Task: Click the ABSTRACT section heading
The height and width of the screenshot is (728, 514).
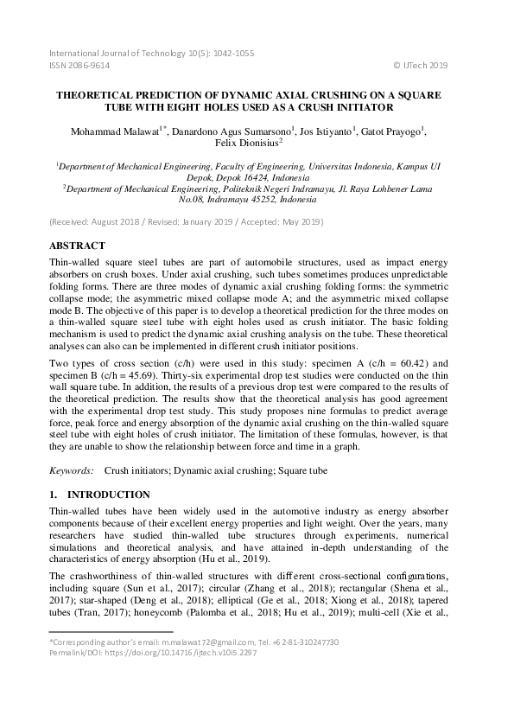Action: click(x=78, y=246)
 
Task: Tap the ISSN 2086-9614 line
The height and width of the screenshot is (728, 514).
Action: click(x=81, y=65)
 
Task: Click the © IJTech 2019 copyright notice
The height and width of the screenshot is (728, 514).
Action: click(x=421, y=65)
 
